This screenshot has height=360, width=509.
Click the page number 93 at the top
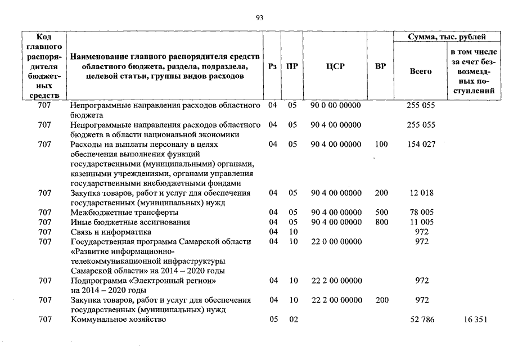click(x=259, y=17)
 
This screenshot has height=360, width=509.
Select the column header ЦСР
click(x=336, y=66)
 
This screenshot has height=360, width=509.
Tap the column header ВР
click(x=381, y=66)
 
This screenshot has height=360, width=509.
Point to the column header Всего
click(x=421, y=71)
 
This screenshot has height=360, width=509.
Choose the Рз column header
click(x=273, y=66)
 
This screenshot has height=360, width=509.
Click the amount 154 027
click(x=421, y=144)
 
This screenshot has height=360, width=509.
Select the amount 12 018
click(x=421, y=193)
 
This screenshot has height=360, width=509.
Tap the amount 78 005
click(x=421, y=212)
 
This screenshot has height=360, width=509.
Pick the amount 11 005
click(x=421, y=222)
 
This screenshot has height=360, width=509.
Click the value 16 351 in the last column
click(x=473, y=319)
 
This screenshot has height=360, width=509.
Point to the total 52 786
click(x=421, y=319)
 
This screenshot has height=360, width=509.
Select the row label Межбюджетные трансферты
click(x=124, y=212)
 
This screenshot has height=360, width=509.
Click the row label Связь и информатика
click(x=111, y=232)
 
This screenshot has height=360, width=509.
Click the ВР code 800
click(x=381, y=222)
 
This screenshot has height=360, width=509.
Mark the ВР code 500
click(x=381, y=212)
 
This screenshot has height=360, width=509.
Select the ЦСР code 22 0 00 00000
click(x=336, y=241)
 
